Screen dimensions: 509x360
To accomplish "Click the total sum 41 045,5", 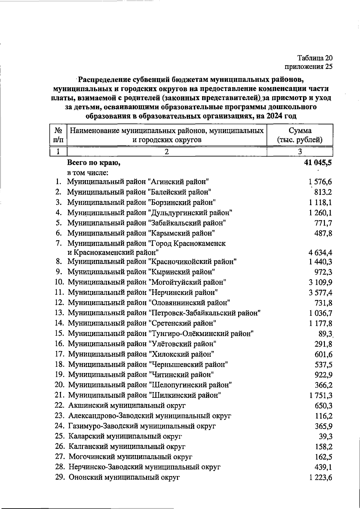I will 318,163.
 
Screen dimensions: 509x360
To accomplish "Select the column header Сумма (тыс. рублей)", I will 300,135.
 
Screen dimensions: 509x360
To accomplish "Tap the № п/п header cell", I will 58,135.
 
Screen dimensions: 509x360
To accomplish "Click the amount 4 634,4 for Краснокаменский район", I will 320,252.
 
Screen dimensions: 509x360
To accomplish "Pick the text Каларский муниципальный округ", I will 125,436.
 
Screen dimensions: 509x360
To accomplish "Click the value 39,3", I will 325,436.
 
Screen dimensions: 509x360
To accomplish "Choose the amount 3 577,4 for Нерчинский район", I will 320,293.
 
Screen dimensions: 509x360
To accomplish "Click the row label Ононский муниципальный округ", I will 124,477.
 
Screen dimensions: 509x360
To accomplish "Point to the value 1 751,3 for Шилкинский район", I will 320,395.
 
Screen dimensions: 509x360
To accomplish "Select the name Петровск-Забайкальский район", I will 164,313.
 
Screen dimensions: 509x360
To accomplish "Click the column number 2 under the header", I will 167,151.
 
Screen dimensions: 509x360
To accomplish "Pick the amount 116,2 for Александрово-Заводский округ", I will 323,416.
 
